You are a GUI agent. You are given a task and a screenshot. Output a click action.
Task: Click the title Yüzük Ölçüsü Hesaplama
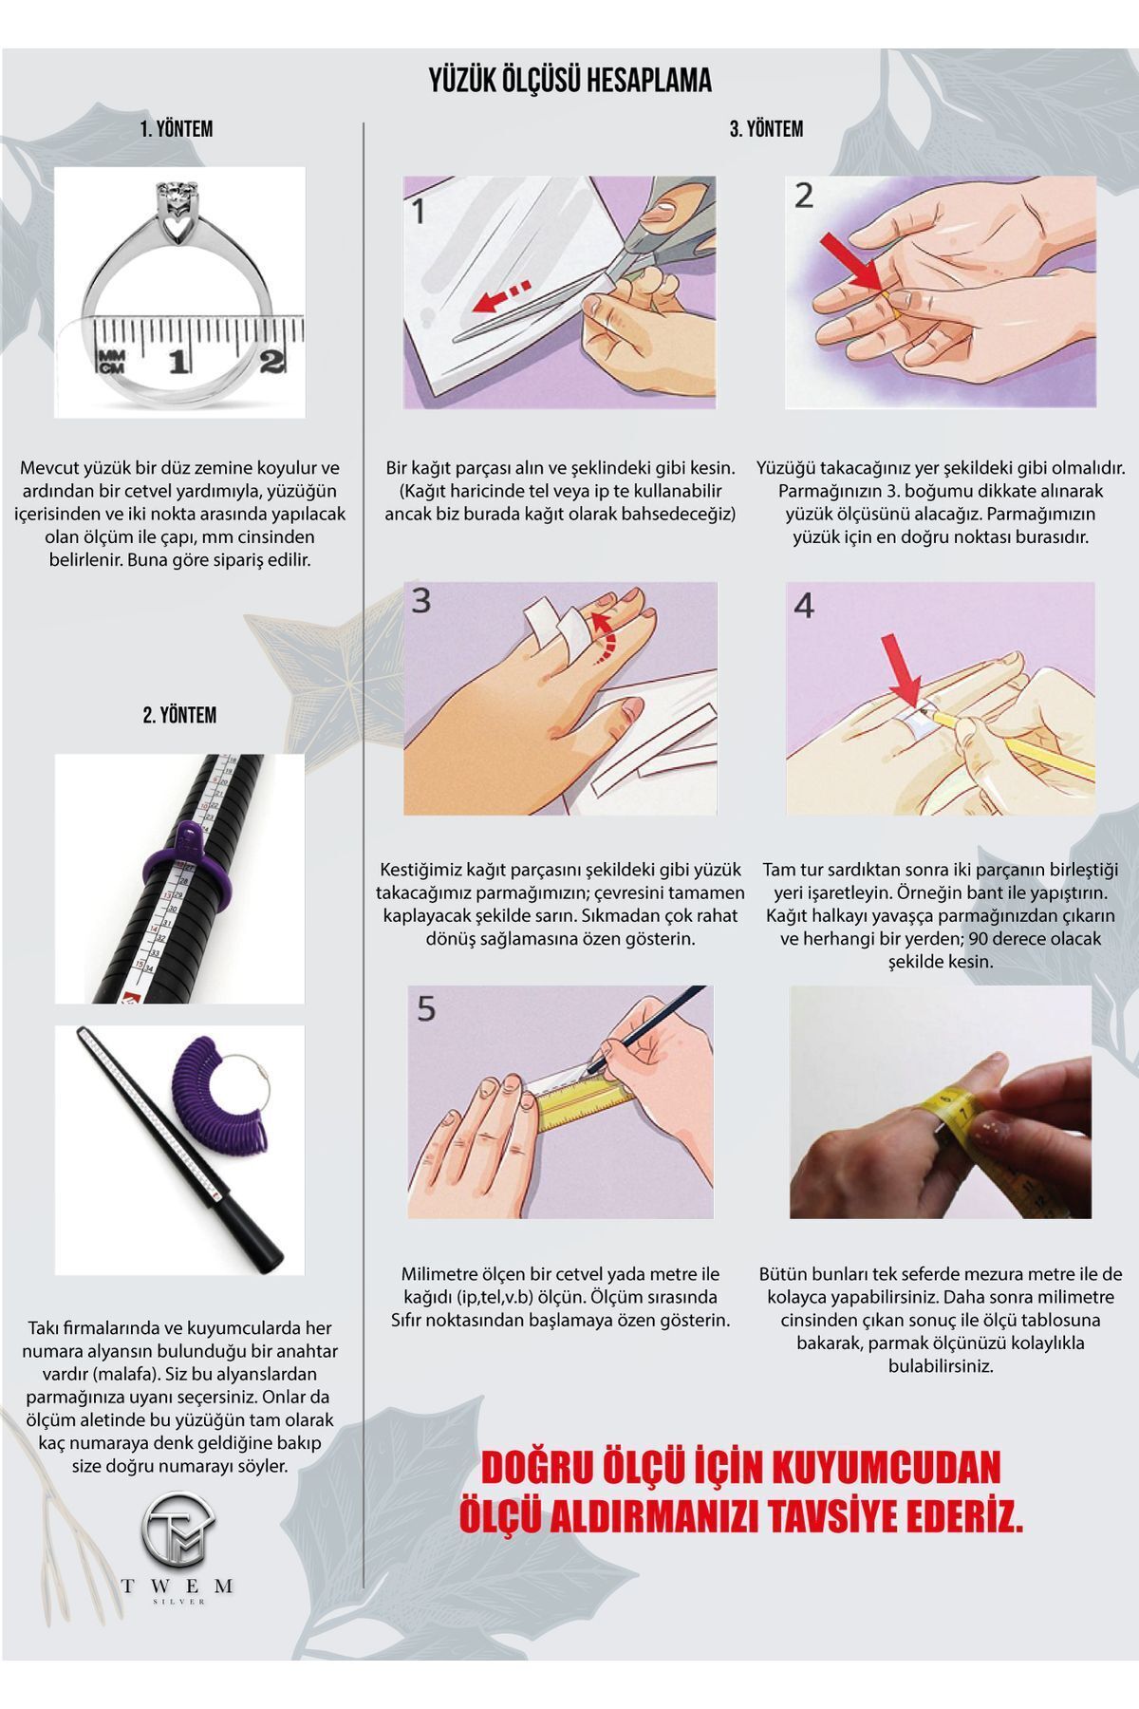point(569,81)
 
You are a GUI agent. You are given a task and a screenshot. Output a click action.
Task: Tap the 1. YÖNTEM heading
point(177,129)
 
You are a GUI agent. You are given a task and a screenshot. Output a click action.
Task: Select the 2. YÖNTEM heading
point(179,715)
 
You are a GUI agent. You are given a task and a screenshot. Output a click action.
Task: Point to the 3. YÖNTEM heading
point(766,129)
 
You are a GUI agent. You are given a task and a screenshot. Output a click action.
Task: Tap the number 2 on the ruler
point(272,361)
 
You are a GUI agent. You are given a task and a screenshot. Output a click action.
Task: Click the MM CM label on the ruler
point(111,360)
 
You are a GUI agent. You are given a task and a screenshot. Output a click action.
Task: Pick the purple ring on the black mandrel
point(194,864)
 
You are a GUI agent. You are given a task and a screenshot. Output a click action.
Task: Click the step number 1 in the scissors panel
point(419,211)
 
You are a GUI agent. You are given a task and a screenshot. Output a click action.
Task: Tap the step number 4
point(804,606)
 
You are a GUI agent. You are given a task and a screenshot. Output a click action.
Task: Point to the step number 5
point(426,1008)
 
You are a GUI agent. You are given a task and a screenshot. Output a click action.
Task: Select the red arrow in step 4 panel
point(902,671)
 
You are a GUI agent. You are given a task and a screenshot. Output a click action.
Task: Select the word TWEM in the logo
point(177,1587)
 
